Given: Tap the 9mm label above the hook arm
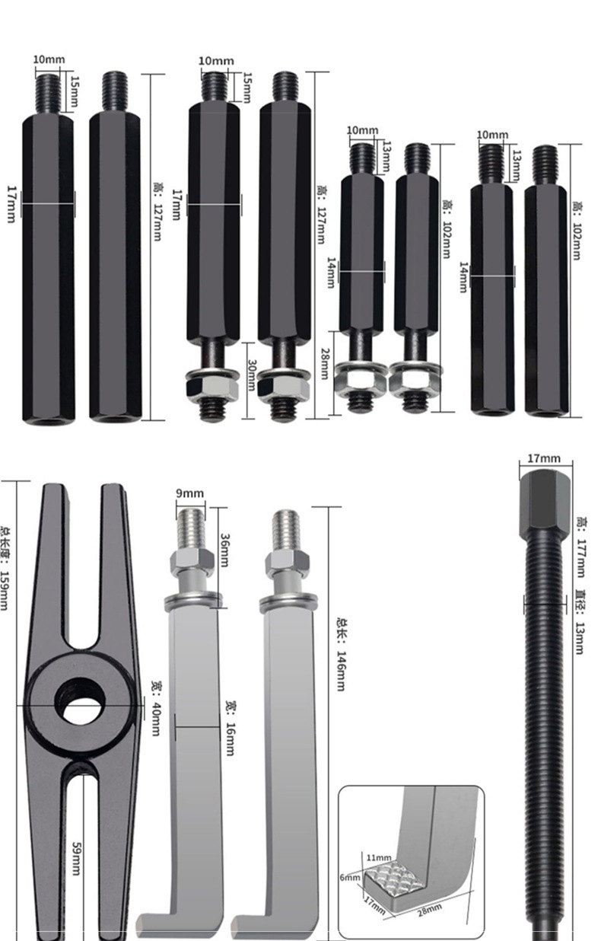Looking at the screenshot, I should [189, 493].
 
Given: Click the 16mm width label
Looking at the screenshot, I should [228, 728].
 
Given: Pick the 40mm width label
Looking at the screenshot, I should [154, 708].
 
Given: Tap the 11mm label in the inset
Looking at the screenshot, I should [378, 858].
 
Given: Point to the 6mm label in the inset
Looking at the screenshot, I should [349, 877].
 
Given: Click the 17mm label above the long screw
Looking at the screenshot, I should [543, 458].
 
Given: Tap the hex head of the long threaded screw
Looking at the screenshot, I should [544, 503].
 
